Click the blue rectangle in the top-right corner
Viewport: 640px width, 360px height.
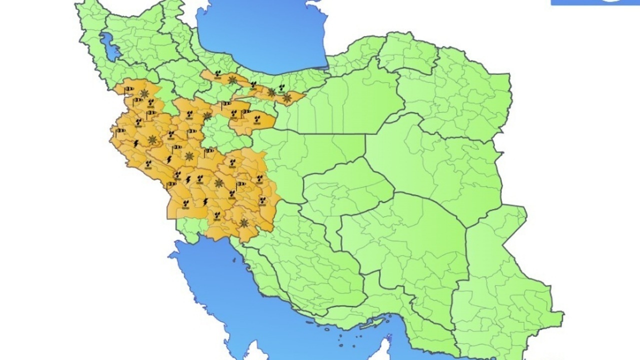(x=595, y=2)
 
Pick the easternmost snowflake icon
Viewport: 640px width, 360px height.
(x=286, y=98)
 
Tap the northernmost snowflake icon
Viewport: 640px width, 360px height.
(x=232, y=79)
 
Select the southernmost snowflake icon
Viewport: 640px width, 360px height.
(x=244, y=222)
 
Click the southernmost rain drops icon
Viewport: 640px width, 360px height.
(x=217, y=215)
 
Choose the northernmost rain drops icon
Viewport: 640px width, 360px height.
(x=217, y=74)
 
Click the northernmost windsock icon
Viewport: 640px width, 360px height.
(x=129, y=89)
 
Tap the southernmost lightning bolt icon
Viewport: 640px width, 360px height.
(x=205, y=201)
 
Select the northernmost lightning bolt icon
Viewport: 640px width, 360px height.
(x=135, y=143)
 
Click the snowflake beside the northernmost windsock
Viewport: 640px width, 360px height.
(x=144, y=93)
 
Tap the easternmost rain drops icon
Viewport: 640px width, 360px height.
(x=282, y=87)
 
